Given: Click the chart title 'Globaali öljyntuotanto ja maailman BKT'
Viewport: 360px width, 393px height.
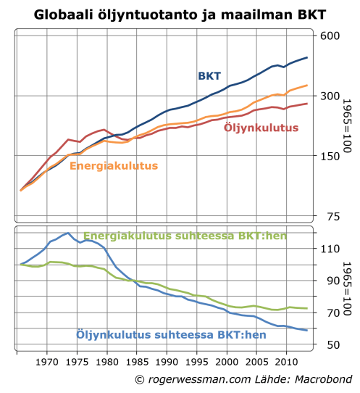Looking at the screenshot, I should coord(180,13).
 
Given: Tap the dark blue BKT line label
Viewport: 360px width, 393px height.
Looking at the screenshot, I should coord(209,75).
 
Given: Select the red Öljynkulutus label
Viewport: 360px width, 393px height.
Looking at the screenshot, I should coord(261,128).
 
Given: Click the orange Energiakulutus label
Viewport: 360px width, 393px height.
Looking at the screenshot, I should coord(113,165).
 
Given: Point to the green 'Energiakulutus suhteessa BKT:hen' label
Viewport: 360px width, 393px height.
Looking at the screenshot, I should coord(174,236).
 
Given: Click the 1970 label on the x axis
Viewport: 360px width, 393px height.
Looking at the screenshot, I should coord(48,362).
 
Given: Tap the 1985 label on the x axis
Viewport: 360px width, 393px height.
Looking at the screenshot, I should coord(137,362).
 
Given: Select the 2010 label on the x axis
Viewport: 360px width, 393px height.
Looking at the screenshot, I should coord(286,362).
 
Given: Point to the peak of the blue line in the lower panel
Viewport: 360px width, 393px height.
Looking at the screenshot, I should coord(68,233).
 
